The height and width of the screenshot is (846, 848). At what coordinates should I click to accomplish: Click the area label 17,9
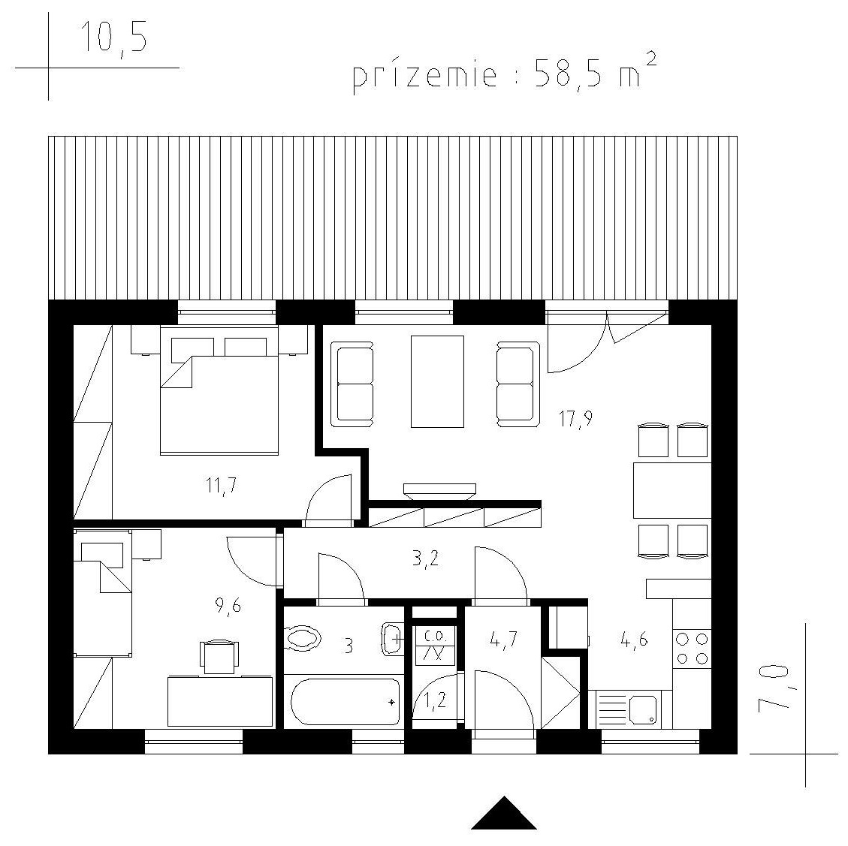(x=575, y=419)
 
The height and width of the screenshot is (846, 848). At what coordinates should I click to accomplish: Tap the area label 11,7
(x=221, y=485)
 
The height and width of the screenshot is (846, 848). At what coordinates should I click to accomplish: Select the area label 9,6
(x=228, y=607)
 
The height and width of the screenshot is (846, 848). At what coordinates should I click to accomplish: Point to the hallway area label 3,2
(x=426, y=559)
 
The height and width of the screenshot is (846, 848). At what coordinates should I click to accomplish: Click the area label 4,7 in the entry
(x=503, y=640)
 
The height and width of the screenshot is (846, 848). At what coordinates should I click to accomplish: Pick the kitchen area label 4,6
(x=635, y=640)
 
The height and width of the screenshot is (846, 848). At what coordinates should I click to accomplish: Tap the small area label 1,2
(x=435, y=700)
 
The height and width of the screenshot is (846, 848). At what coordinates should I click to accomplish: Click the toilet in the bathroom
(x=302, y=638)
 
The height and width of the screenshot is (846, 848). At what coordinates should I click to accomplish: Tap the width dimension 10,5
(x=113, y=38)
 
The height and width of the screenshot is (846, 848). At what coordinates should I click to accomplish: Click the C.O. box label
(x=434, y=634)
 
